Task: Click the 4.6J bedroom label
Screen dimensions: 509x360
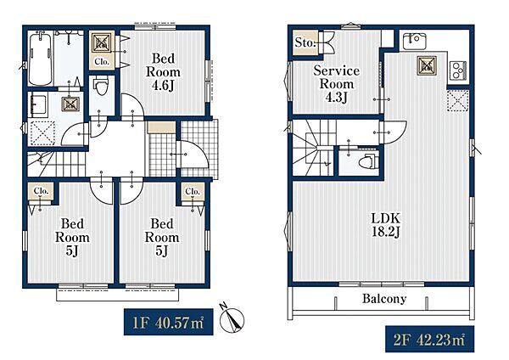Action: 163,72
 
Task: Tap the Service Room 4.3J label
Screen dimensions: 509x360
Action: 336,84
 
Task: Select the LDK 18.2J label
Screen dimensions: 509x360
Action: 386,225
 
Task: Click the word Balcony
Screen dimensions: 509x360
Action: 384,299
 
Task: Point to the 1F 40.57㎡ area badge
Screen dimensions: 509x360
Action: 169,322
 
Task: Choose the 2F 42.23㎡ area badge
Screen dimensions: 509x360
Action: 430,340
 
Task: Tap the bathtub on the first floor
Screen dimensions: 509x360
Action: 40,59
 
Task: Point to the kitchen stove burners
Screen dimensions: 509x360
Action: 458,70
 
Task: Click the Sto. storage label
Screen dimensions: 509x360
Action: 305,42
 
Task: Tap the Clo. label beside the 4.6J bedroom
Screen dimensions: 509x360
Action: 102,61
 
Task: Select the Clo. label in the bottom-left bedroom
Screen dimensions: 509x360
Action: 42,191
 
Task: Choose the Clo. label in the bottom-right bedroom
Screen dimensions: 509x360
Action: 193,191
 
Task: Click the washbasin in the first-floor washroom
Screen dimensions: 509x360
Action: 37,104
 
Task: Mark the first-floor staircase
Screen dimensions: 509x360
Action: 56,165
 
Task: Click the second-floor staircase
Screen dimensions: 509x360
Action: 313,148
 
